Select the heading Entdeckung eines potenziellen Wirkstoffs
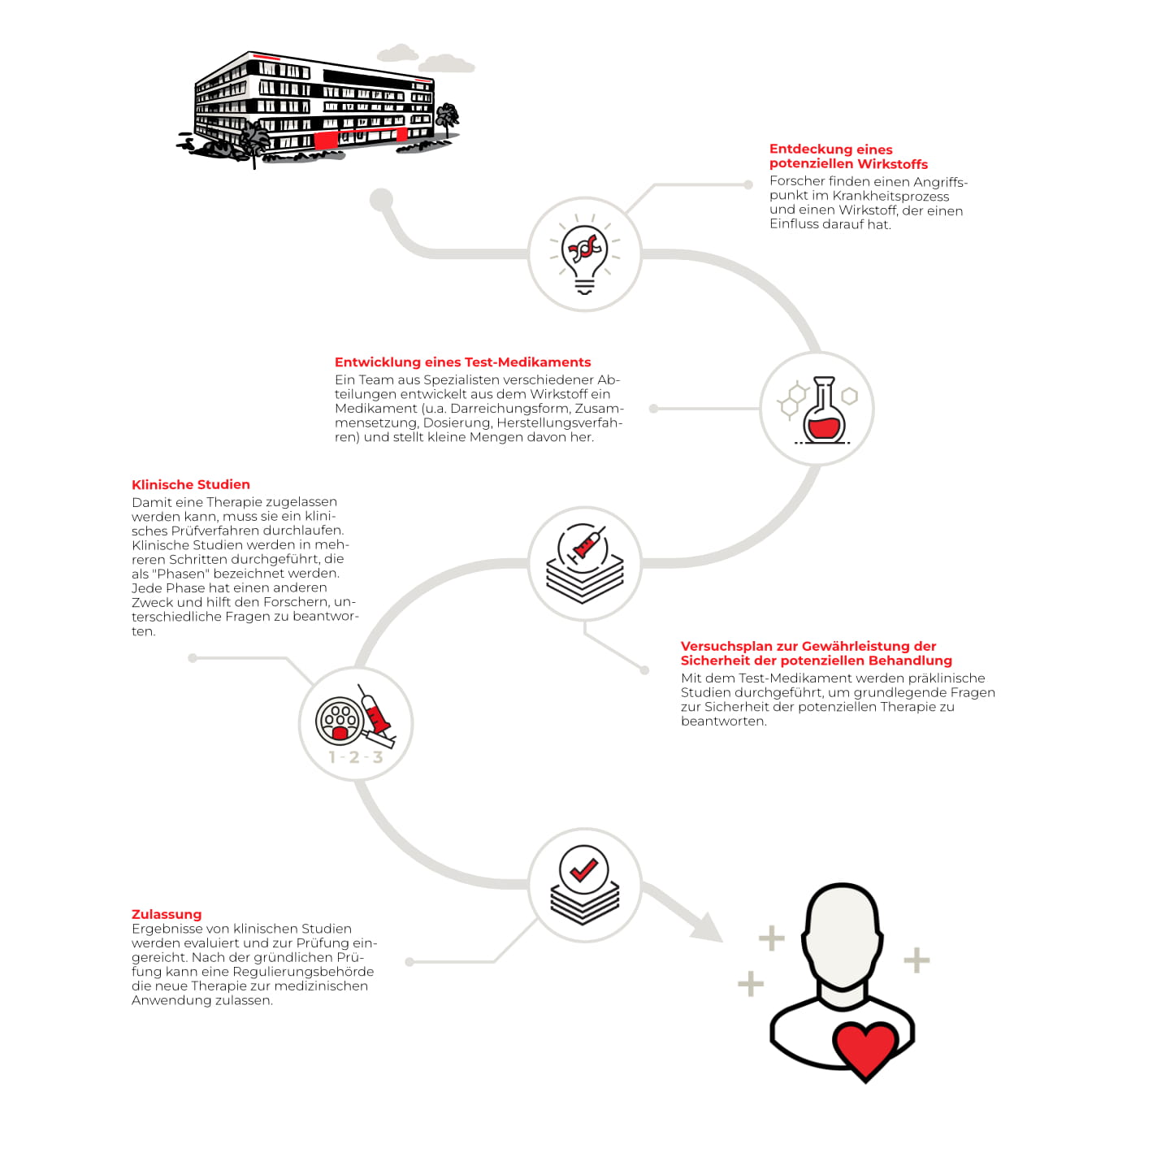pos(847,157)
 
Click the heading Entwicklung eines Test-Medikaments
pos(462,362)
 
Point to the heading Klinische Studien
pos(191,485)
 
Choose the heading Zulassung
pos(167,914)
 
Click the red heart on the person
pos(864,1047)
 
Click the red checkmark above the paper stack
pos(583,870)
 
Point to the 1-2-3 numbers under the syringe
pos(355,757)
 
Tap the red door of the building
pos(325,141)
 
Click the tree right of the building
pos(447,118)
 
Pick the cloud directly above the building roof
pos(397,54)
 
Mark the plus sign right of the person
pos(916,960)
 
